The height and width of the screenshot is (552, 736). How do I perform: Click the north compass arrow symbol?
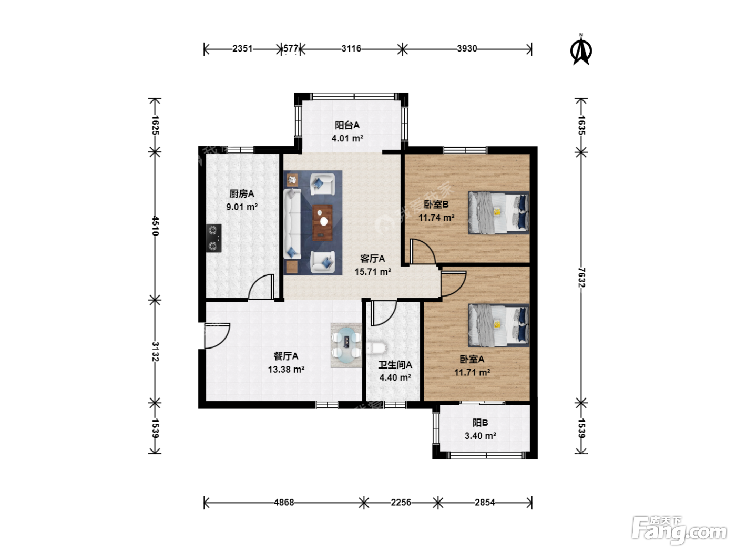581,50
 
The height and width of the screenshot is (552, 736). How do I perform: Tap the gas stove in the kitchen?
213,238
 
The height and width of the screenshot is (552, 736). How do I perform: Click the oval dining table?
346,345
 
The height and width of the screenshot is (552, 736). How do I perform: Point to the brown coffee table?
323,222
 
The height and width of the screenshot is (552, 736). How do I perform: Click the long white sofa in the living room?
292,224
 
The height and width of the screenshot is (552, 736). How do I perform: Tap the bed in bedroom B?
498,213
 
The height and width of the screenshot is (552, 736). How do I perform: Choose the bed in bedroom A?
498,325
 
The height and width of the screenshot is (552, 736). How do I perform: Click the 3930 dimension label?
467,48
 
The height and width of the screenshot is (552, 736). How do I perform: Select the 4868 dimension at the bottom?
284,503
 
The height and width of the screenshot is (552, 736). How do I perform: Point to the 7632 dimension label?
581,278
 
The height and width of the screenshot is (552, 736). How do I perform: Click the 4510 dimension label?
155,226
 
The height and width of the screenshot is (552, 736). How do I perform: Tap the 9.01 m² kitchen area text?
242,207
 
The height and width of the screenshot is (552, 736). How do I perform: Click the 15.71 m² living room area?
373,271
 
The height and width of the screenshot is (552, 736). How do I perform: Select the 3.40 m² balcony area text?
480,436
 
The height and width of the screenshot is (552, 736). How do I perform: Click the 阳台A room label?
347,125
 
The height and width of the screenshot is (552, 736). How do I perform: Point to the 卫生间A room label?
395,365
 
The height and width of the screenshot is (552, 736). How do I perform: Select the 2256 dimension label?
401,503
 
